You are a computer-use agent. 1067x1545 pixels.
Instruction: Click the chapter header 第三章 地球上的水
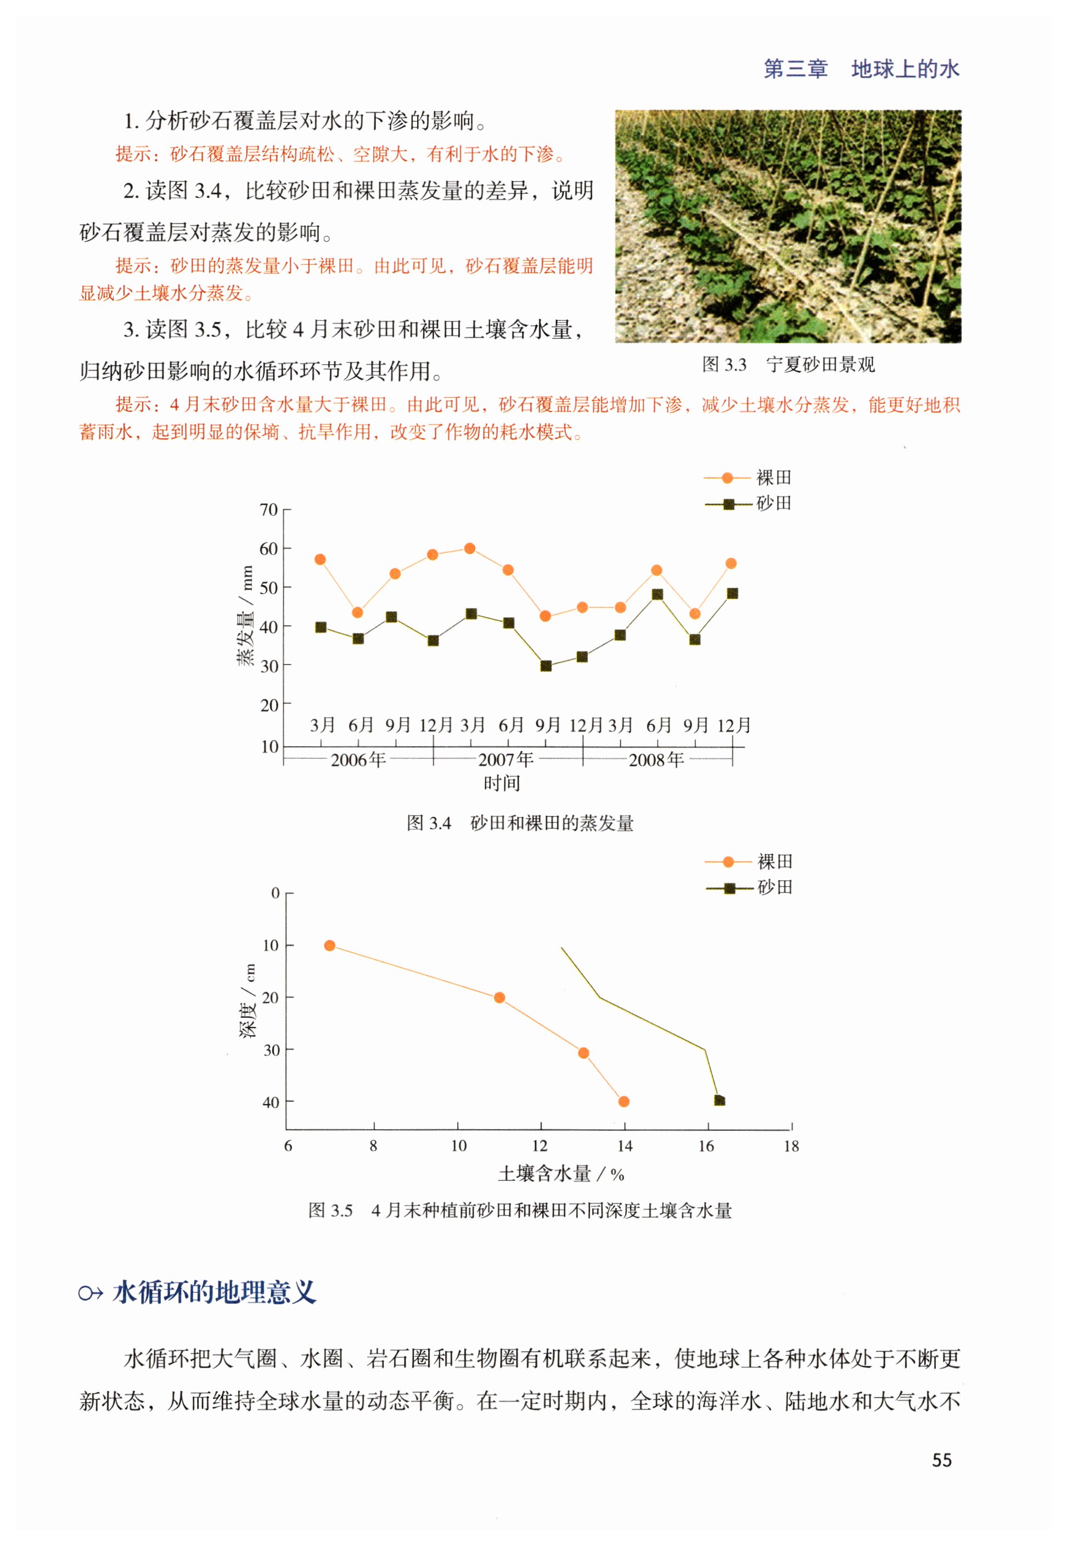point(861,69)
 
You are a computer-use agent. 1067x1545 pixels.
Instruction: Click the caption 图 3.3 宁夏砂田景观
point(788,365)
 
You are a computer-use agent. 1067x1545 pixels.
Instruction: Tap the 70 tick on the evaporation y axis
point(269,510)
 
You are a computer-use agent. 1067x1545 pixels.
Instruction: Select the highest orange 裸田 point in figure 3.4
point(470,549)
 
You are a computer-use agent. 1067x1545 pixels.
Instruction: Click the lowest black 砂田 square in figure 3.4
point(546,666)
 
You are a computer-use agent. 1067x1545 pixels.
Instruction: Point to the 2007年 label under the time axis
point(506,760)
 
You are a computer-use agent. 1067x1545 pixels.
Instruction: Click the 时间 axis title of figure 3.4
point(502,783)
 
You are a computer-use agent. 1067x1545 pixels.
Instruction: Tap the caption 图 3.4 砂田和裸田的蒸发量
point(520,823)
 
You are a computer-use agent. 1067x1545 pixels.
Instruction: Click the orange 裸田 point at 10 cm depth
point(329,946)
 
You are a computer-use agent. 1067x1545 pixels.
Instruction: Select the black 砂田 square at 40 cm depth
point(720,1100)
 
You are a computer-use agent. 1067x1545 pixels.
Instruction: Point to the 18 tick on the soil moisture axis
point(791,1146)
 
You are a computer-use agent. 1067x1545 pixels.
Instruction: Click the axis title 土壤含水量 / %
point(561,1174)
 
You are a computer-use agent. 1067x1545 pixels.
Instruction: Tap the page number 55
point(941,1460)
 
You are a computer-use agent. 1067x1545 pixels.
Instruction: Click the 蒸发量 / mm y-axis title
point(245,615)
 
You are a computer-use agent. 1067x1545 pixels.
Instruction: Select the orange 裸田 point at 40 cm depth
point(624,1102)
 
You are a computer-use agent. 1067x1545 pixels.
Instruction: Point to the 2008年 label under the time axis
point(656,760)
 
